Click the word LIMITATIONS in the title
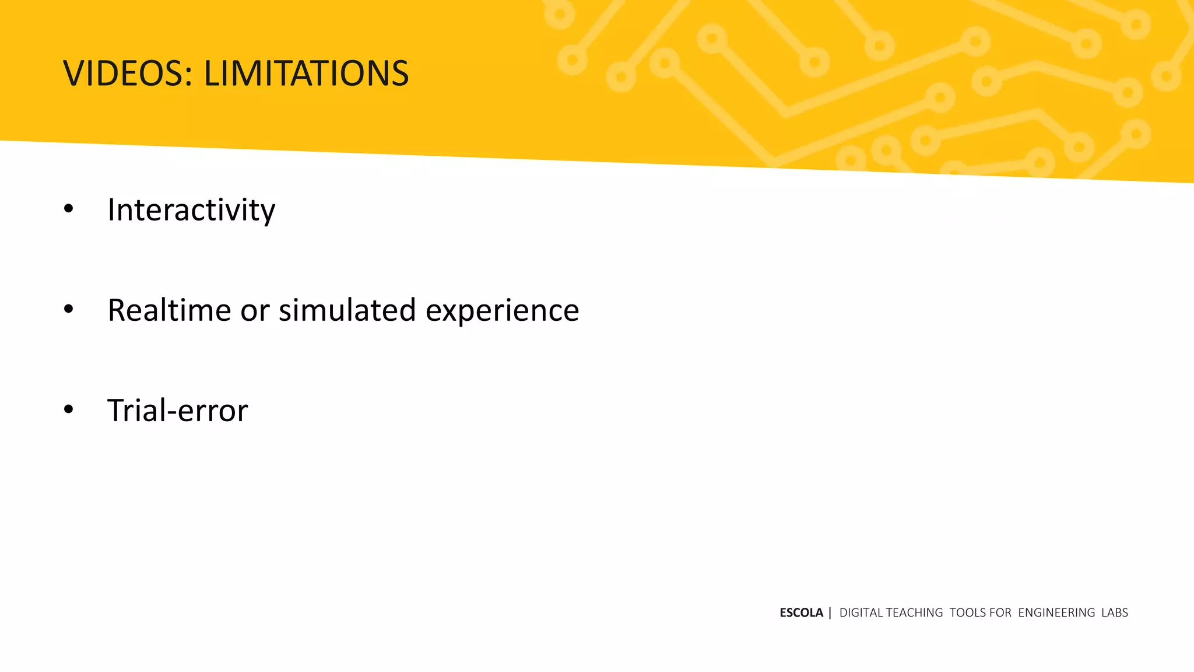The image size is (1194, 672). pos(306,73)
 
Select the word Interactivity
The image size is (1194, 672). pos(191,210)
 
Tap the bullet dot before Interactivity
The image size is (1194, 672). pos(69,209)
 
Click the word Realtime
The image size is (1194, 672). pos(169,310)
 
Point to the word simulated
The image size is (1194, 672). pos(347,310)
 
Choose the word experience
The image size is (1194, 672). pos(502,311)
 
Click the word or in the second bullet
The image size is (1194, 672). pos(255,311)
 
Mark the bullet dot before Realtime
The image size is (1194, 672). pos(69,309)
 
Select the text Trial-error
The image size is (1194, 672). pos(178,410)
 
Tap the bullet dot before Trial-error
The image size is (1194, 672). pos(69,409)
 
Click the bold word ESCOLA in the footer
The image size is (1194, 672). pos(801,612)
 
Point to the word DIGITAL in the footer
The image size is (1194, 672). pos(861,612)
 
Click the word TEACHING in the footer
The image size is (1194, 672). pos(914,612)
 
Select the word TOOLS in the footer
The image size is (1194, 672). pos(968,612)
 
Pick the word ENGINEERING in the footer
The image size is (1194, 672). pos(1056,612)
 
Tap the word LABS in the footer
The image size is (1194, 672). pos(1115,612)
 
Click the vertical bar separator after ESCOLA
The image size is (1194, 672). pos(830,612)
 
